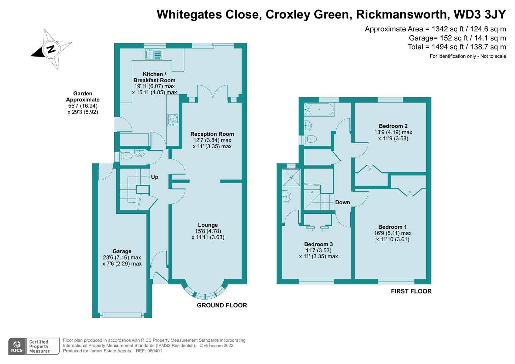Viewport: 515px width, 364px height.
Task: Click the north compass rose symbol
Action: coord(51,49)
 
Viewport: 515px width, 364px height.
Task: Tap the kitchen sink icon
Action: coord(154,54)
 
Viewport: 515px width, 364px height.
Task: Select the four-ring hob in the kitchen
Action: coord(173,120)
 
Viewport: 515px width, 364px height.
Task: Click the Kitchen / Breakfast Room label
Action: coord(154,77)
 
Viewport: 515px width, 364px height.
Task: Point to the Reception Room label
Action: coord(212,134)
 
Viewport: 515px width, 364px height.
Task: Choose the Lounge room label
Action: coord(208,225)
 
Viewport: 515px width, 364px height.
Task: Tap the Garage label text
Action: coord(122,251)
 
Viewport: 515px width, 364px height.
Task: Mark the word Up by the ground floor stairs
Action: coord(154,177)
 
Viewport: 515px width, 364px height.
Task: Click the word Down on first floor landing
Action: coord(342,202)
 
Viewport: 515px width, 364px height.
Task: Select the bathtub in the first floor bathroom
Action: coord(319,110)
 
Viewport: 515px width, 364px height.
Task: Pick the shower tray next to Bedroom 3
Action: coord(291,177)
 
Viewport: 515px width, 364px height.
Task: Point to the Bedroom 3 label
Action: coord(318,244)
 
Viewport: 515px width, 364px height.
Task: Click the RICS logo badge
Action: coord(17,346)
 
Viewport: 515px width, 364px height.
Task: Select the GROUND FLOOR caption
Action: coord(222,305)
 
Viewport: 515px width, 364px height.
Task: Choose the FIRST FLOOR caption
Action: coord(411,291)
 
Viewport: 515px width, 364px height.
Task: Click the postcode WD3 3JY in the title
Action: coord(480,14)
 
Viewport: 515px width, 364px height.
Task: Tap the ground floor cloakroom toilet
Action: coord(126,155)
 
